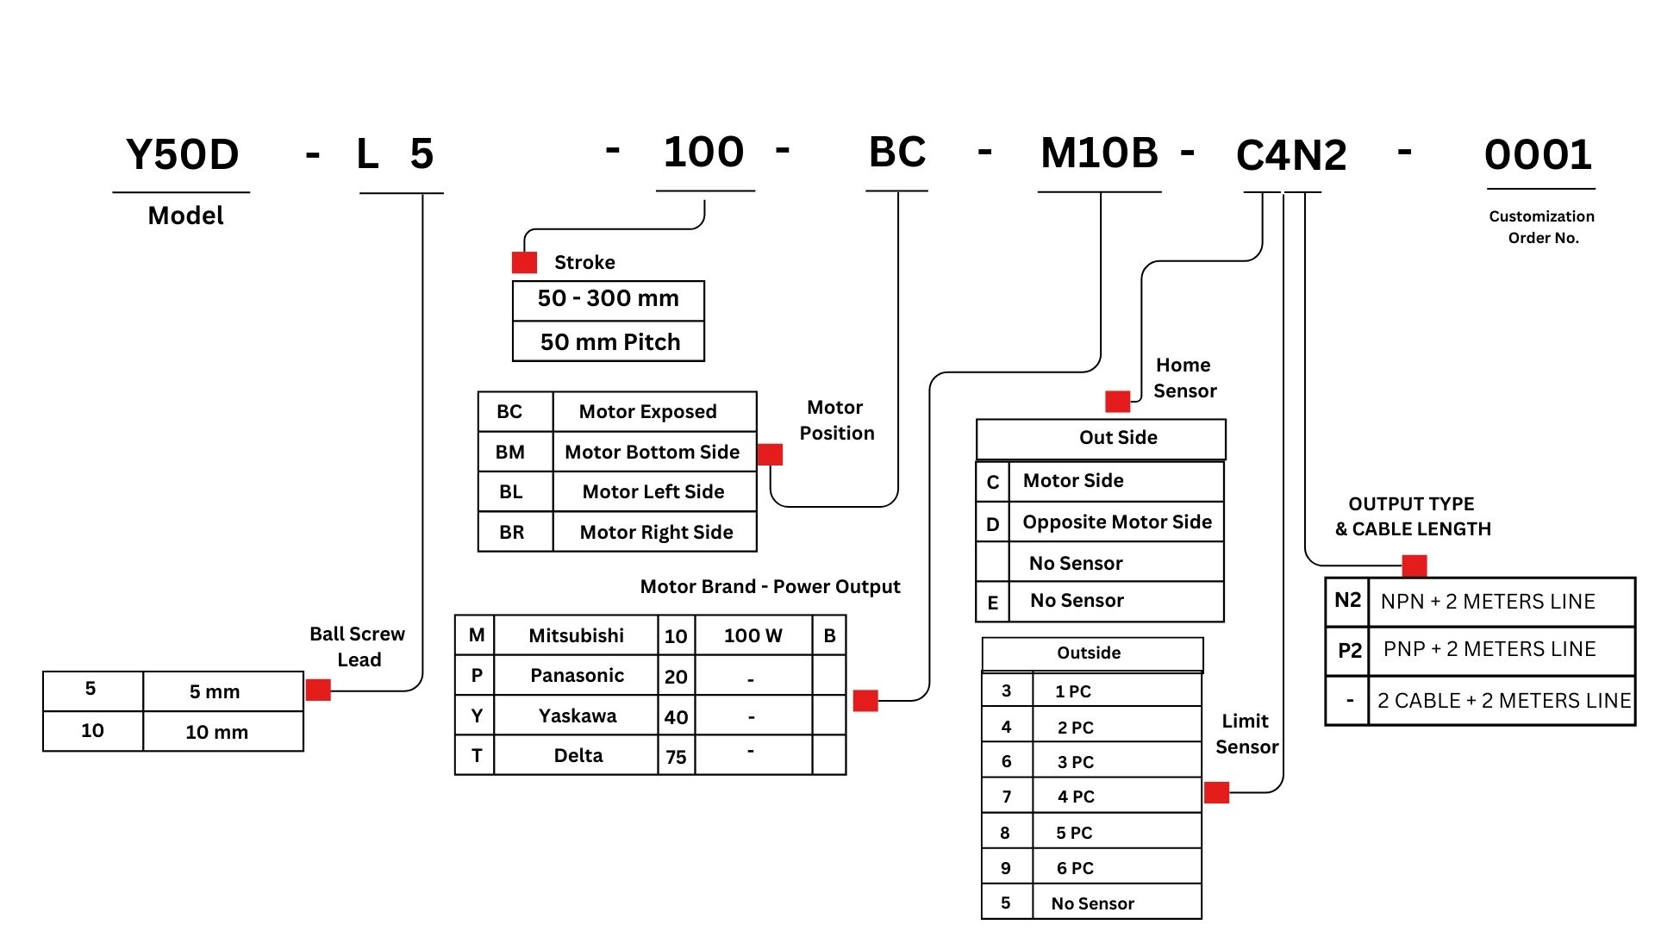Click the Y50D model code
182,155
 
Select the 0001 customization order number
1539,156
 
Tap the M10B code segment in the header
1099,153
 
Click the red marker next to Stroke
524,262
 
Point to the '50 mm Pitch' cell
609,342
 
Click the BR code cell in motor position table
512,532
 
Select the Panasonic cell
577,676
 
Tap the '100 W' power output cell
753,636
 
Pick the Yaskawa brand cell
577,715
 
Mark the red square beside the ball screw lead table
318,690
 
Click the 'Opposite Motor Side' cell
1116,522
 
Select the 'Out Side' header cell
1118,438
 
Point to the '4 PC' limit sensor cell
1076,797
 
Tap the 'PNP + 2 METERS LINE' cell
1489,649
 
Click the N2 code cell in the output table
1347,601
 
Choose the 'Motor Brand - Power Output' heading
770,587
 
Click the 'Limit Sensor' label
1246,734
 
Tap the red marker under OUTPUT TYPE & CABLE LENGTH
1415,565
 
